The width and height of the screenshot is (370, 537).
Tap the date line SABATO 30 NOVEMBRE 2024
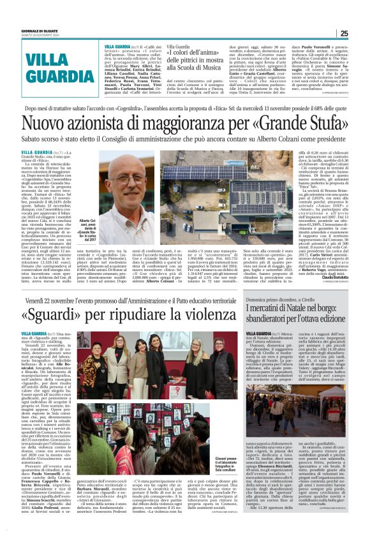[38, 35]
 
